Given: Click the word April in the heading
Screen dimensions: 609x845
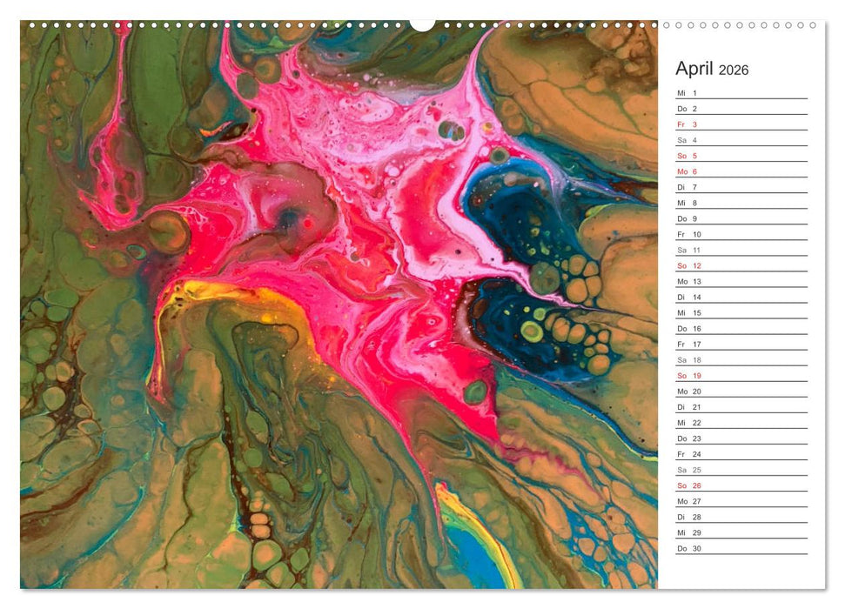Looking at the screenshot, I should click(694, 69).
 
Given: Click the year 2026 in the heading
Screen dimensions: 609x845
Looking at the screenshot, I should click(733, 70).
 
